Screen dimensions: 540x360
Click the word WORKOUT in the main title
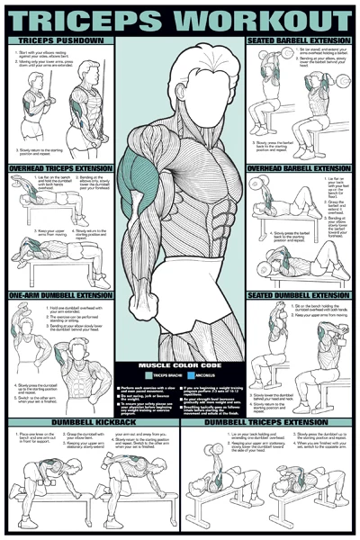coord(265,18)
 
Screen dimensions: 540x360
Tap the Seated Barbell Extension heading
coord(299,41)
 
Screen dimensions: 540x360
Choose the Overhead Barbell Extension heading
coord(299,167)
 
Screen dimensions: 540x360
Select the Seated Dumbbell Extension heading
coord(299,294)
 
